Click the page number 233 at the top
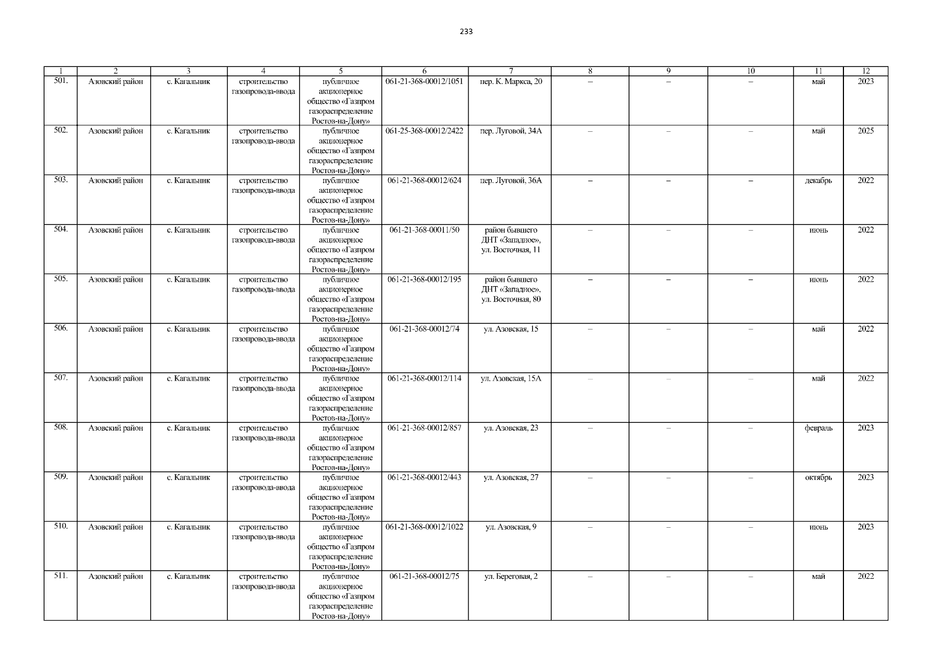[466, 31]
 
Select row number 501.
[61, 81]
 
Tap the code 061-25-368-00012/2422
[425, 131]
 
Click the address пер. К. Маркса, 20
[510, 82]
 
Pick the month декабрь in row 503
[818, 181]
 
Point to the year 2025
[865, 131]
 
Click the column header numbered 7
[510, 71]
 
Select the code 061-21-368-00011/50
[425, 230]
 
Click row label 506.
[61, 328]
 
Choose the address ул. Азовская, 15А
[510, 378]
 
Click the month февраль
[818, 428]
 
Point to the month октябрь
[818, 477]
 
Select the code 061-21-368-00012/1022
[425, 527]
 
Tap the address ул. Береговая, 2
[510, 576]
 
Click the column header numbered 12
[865, 71]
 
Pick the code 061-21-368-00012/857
[425, 428]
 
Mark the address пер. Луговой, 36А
[510, 181]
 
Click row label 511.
[61, 576]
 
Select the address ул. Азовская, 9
[510, 527]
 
